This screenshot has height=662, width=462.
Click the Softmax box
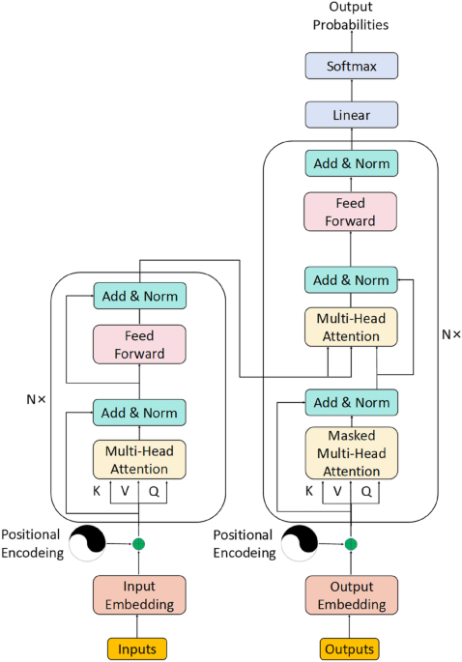pyautogui.click(x=351, y=66)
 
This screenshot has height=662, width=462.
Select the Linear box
pyautogui.click(x=351, y=115)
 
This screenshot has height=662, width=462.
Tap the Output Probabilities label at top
pyautogui.click(x=352, y=16)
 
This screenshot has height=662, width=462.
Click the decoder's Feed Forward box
pyautogui.click(x=351, y=212)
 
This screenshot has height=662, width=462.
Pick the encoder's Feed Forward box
pyautogui.click(x=139, y=344)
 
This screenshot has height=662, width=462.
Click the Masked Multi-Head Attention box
pyautogui.click(x=351, y=452)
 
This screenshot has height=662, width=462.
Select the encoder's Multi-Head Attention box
pyautogui.click(x=139, y=460)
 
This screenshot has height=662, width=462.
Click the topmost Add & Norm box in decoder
pyautogui.click(x=351, y=163)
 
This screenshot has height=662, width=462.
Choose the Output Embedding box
pyautogui.click(x=351, y=595)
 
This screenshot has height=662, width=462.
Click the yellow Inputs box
pyautogui.click(x=138, y=648)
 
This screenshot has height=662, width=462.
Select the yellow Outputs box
pyautogui.click(x=351, y=648)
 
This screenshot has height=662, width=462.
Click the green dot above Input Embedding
pyautogui.click(x=138, y=544)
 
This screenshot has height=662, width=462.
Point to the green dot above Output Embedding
pyautogui.click(x=351, y=544)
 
